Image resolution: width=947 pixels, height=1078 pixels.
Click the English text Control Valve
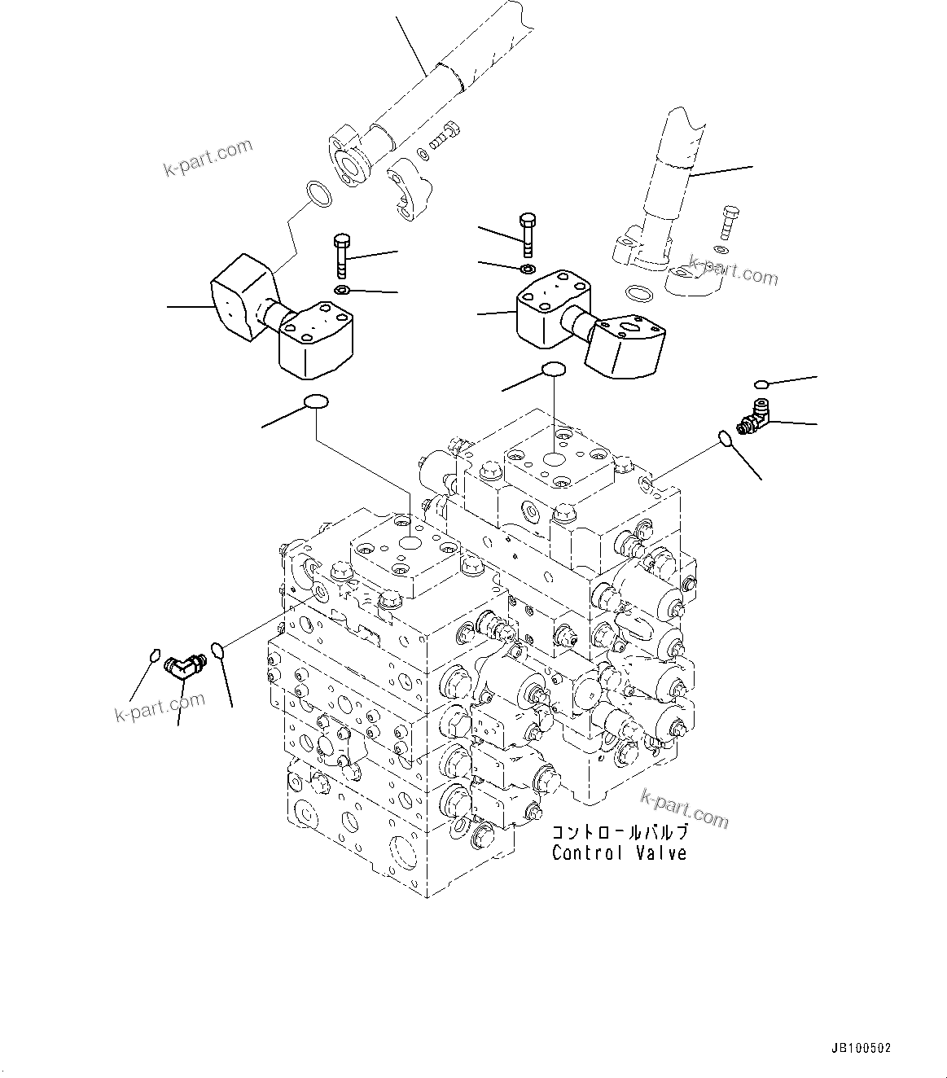(619, 853)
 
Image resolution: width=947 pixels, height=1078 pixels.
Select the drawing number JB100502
(862, 1049)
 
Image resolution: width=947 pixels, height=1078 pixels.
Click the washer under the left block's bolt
(342, 291)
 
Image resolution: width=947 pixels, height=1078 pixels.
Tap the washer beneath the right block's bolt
(528, 269)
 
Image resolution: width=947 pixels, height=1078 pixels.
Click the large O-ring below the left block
(316, 401)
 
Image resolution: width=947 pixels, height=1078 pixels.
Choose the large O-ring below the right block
(554, 370)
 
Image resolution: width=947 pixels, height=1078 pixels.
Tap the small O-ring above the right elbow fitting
(761, 383)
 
